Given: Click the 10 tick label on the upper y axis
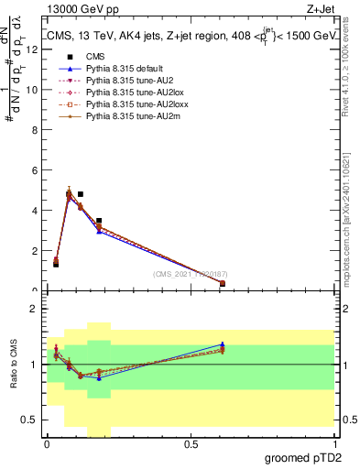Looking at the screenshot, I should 33,90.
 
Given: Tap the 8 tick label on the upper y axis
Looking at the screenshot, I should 36,130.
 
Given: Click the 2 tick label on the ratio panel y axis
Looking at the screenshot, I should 36,309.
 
